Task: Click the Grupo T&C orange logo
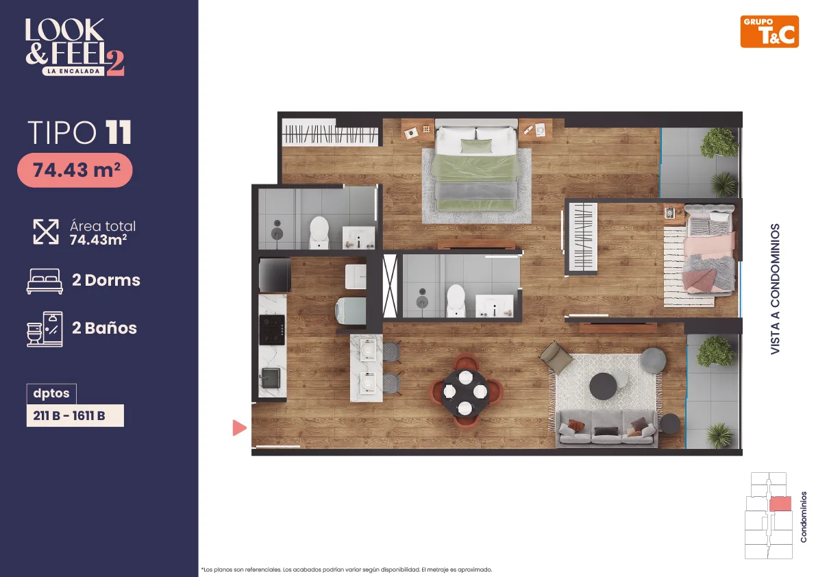point(769,32)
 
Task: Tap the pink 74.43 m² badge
point(75,170)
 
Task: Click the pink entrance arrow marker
point(239,428)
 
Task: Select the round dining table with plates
point(465,391)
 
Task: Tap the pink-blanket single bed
point(710,249)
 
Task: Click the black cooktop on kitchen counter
point(272,330)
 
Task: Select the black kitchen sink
point(271,378)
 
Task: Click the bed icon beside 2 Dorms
point(45,282)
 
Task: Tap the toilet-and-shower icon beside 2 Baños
point(45,329)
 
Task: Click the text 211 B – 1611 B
point(69,416)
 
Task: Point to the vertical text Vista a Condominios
point(775,289)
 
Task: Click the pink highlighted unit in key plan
point(780,504)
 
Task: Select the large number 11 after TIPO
point(119,133)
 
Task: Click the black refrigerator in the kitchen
point(275,274)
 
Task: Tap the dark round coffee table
point(603,386)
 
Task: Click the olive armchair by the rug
point(556,357)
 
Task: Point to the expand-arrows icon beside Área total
point(46,232)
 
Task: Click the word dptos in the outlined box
point(51,393)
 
